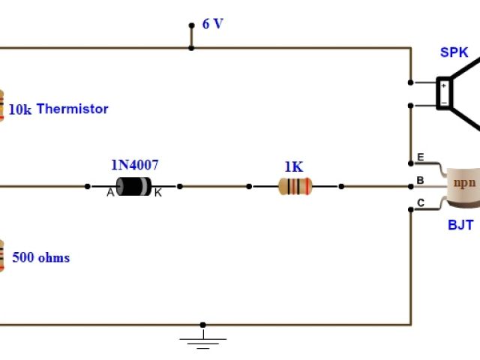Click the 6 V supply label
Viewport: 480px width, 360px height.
tap(213, 24)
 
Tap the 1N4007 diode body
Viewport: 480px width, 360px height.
tap(133, 186)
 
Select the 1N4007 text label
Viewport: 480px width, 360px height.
tap(135, 165)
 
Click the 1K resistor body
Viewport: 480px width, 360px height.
tap(295, 186)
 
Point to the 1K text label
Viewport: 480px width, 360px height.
tap(293, 166)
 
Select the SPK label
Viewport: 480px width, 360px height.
tap(454, 52)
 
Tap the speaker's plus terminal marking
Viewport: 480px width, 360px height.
tap(443, 85)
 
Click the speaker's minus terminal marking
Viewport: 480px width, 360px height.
tap(443, 102)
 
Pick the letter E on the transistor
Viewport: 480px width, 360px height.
tap(420, 157)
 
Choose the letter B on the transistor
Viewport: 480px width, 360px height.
tap(420, 180)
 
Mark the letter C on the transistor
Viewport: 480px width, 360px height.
tap(420, 202)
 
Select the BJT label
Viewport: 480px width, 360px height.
tap(460, 224)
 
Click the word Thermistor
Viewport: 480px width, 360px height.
tap(72, 109)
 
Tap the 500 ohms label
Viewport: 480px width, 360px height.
tap(40, 258)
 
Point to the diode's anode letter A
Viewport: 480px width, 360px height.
tap(110, 193)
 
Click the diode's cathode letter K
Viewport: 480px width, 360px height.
tap(157, 193)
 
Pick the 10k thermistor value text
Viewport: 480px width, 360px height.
tap(19, 109)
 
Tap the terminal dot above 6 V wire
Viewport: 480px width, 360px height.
tap(191, 25)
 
